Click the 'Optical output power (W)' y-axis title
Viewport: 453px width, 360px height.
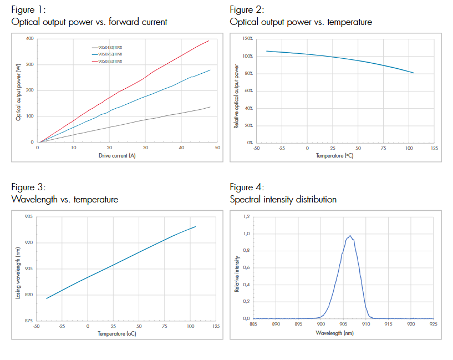pyautogui.click(x=18, y=90)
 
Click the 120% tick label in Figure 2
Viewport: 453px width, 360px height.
pyautogui.click(x=248, y=39)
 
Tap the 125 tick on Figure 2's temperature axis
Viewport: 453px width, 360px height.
pyautogui.click(x=434, y=149)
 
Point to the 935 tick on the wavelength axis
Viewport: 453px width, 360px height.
pyautogui.click(x=29, y=217)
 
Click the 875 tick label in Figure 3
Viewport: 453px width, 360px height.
pyautogui.click(x=29, y=321)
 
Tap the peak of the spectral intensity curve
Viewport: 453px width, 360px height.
pyautogui.click(x=350, y=236)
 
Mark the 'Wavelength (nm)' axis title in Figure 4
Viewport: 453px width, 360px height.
pyautogui.click(x=334, y=333)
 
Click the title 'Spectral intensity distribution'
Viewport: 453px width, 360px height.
pyautogui.click(x=283, y=199)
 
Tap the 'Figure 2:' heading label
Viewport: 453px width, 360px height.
pyautogui.click(x=247, y=9)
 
